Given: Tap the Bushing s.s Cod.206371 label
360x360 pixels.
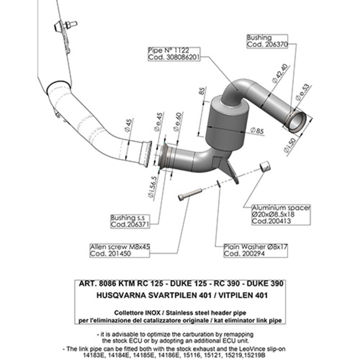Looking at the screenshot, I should click(x=129, y=220).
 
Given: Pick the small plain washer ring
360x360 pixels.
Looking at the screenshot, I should click(x=218, y=183).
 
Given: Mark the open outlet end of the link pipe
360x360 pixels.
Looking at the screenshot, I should click(x=297, y=121).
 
